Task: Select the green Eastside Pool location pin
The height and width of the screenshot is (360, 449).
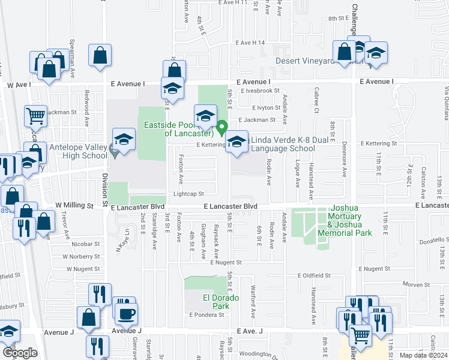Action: pos(221,128)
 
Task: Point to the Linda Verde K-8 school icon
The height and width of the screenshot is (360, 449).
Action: pos(237,143)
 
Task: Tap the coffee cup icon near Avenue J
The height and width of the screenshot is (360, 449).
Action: pos(126,314)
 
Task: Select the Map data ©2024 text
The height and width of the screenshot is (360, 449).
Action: pos(423,355)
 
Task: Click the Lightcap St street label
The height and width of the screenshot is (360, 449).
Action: pos(189,194)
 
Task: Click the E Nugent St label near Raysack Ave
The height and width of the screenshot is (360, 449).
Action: pos(226,262)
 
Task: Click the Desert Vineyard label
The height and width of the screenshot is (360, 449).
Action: pos(304,61)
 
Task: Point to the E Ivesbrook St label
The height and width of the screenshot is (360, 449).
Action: pos(261,91)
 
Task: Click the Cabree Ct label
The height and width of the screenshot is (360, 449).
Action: pos(316,100)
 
